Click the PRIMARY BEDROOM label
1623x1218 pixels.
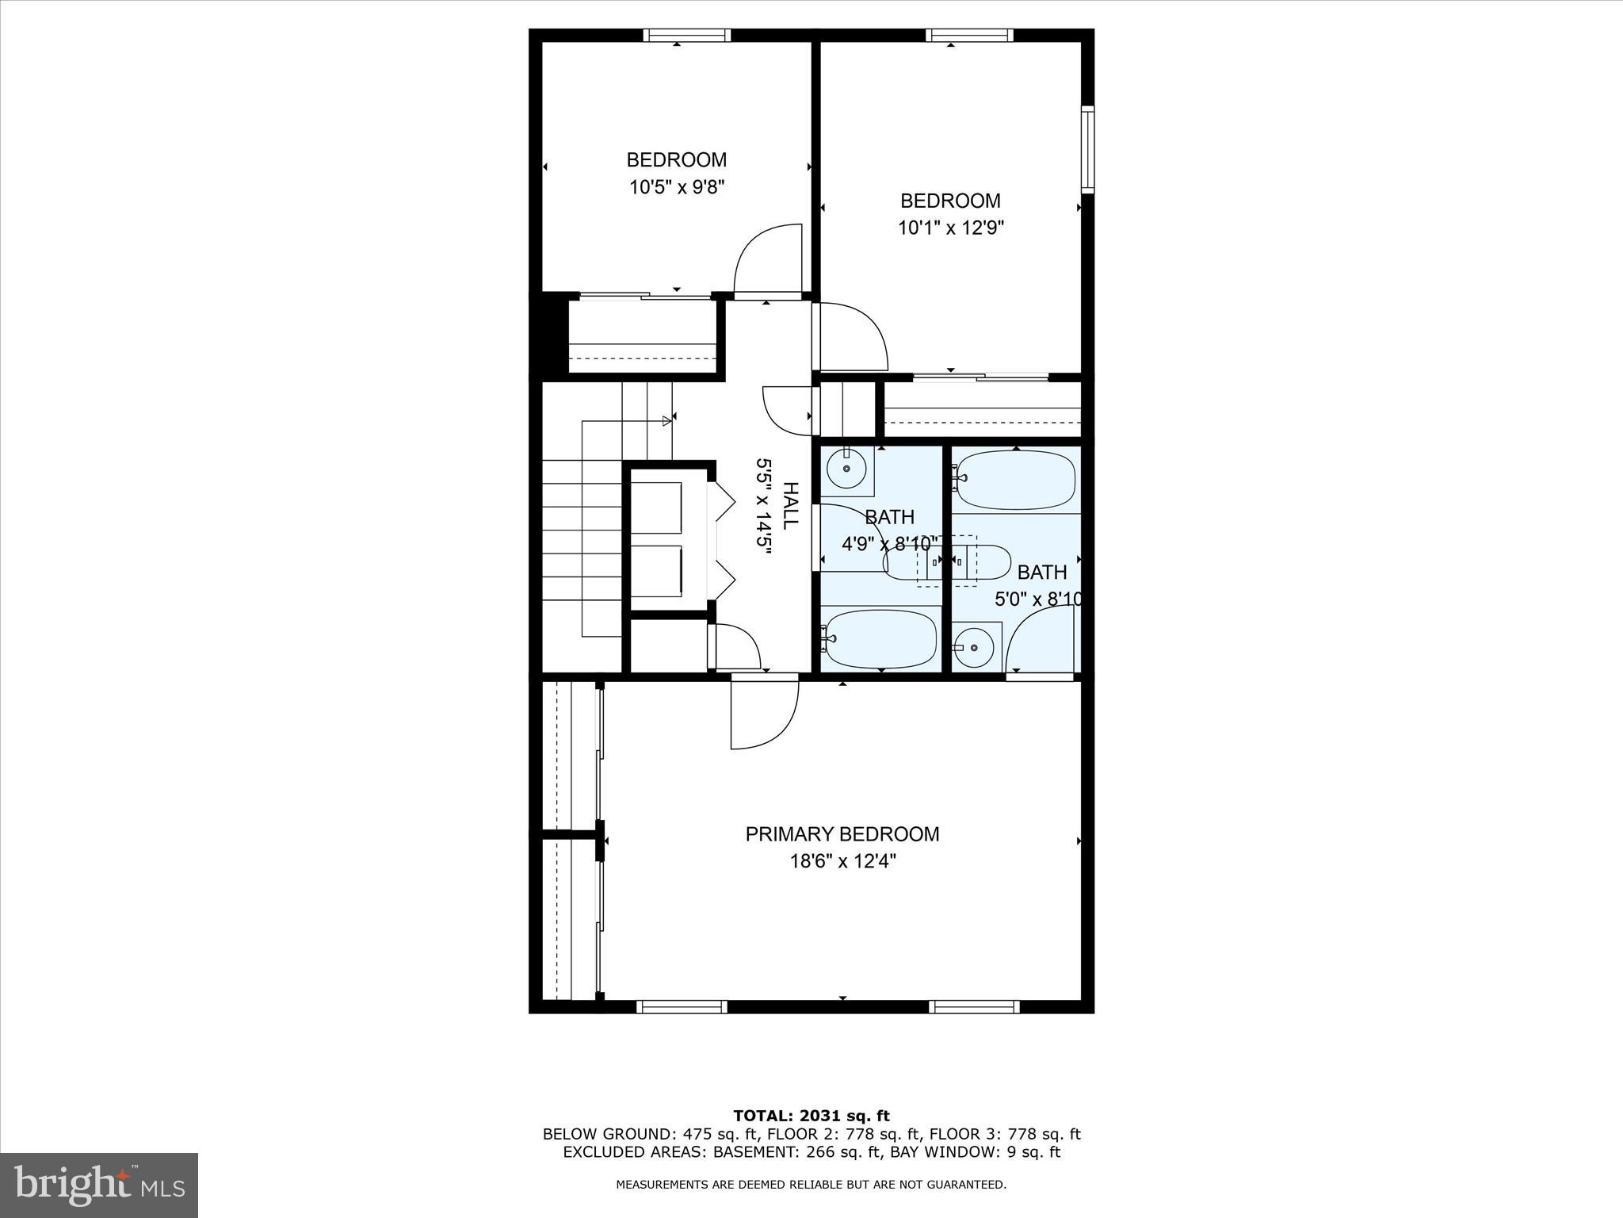pos(842,834)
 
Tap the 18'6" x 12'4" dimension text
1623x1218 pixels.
pos(842,861)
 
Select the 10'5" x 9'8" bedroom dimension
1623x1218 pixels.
pos(677,188)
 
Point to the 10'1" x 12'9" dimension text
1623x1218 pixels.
pos(950,228)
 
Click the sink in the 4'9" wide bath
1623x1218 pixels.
pos(846,469)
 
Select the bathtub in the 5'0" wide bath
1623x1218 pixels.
pos(1017,479)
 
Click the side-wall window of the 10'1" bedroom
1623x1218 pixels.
pos(1088,149)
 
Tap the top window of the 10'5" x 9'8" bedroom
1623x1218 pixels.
pos(686,36)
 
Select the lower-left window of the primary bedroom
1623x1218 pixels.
pos(682,1006)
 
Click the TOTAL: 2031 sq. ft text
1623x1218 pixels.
pos(811,1116)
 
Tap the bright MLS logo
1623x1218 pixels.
pos(99,1185)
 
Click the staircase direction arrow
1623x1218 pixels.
pos(666,420)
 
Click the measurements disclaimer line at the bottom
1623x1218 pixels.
pos(811,1185)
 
